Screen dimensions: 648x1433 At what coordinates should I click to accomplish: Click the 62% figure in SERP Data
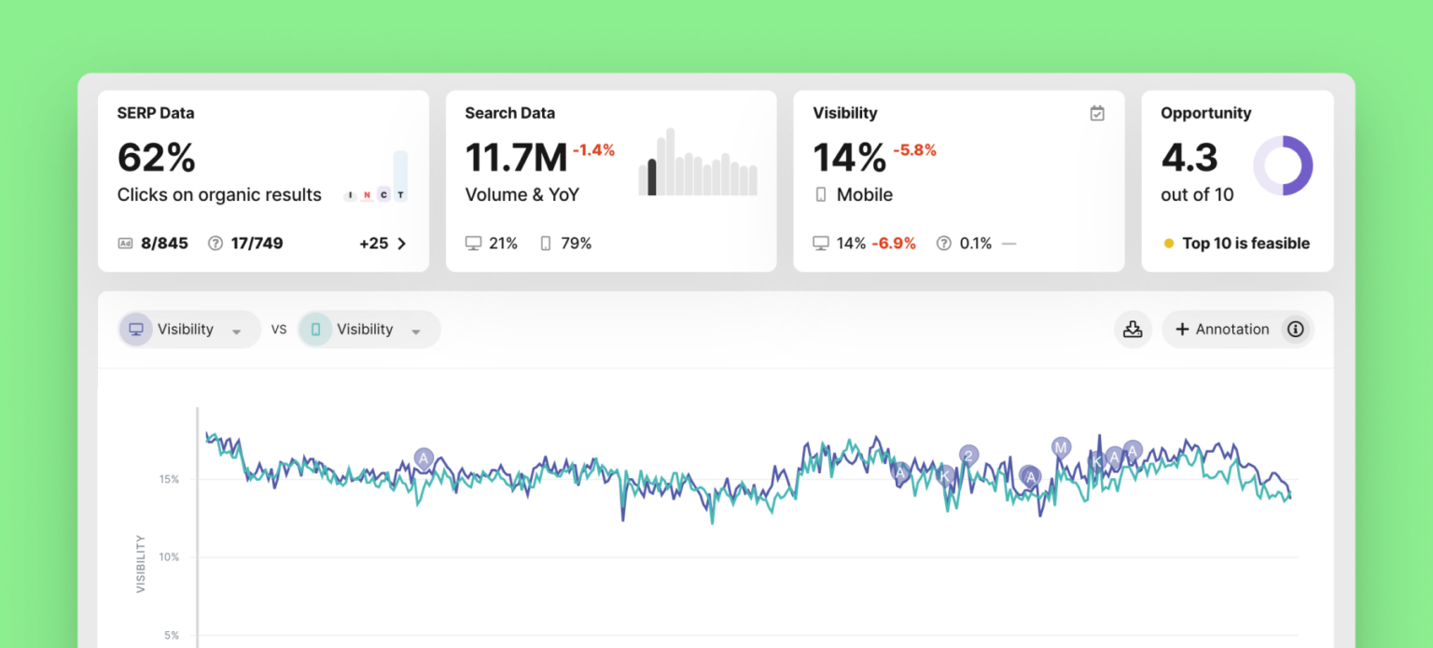pyautogui.click(x=157, y=157)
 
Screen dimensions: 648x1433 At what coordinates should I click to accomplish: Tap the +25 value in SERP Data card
pyautogui.click(x=373, y=244)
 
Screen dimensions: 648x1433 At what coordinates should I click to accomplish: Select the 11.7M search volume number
pyautogui.click(x=516, y=157)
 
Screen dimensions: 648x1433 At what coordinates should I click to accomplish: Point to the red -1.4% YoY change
pyautogui.click(x=593, y=150)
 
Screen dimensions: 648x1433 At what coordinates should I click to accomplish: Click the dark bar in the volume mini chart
pyautogui.click(x=652, y=177)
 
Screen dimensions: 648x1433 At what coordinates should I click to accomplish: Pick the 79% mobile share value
pyautogui.click(x=576, y=244)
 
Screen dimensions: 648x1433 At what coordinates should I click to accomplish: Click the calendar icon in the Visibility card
pyautogui.click(x=1097, y=113)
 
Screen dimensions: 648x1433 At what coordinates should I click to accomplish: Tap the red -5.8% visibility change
pyautogui.click(x=914, y=150)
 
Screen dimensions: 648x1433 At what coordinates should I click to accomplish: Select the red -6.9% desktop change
pyautogui.click(x=894, y=244)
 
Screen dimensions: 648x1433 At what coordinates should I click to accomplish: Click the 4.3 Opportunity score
pyautogui.click(x=1190, y=157)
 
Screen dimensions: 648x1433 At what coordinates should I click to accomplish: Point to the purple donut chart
pyautogui.click(x=1283, y=165)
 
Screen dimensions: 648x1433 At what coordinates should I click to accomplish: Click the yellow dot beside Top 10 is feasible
pyautogui.click(x=1169, y=244)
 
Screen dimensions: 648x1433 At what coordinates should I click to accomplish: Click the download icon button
pyautogui.click(x=1133, y=330)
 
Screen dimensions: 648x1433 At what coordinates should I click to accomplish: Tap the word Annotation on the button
pyautogui.click(x=1231, y=330)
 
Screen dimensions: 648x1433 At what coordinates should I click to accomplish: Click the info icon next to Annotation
pyautogui.click(x=1295, y=330)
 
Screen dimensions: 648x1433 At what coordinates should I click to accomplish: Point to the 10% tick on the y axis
pyautogui.click(x=169, y=557)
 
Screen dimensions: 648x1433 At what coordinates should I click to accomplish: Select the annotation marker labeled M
pyautogui.click(x=1061, y=447)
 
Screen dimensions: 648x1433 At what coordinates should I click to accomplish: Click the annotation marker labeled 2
pyautogui.click(x=969, y=455)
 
